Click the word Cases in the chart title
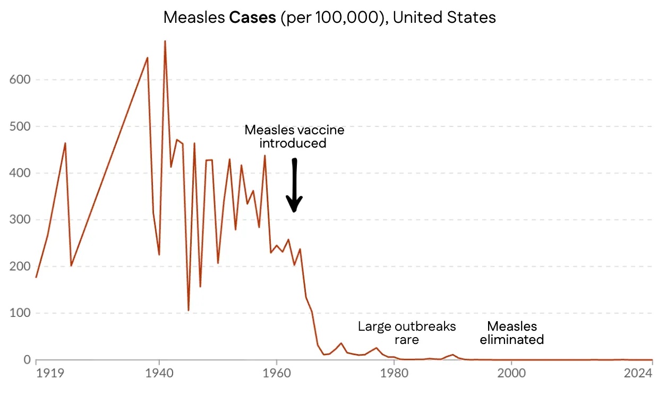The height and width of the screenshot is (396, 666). (x=252, y=17)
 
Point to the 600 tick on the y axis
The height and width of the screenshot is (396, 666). (x=20, y=80)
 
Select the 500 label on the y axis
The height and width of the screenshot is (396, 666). (x=20, y=126)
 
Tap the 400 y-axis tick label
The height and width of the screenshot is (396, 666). (x=20, y=173)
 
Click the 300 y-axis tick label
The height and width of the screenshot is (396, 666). (x=20, y=220)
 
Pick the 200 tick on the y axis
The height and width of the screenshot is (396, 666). (x=20, y=266)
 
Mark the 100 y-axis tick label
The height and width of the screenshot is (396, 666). (x=20, y=313)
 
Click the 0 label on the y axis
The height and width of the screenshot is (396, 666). (x=27, y=360)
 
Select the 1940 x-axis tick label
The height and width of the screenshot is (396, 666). (x=159, y=373)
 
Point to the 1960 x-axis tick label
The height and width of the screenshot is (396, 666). (x=276, y=373)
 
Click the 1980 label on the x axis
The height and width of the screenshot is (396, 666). (x=394, y=373)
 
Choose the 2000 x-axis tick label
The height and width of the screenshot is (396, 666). (x=511, y=373)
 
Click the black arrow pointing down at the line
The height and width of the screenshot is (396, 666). (x=294, y=186)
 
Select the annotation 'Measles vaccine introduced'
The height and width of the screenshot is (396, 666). (x=294, y=136)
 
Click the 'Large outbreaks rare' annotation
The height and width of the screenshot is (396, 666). (x=406, y=333)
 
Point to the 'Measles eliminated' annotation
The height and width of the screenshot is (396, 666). (x=511, y=333)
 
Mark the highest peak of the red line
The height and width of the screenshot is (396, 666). (x=165, y=41)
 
